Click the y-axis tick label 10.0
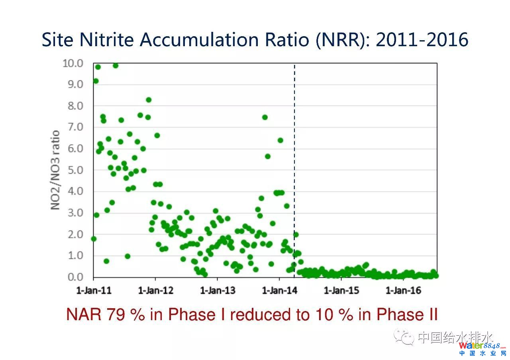(73, 63)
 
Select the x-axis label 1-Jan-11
(94, 290)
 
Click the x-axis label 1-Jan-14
(279, 290)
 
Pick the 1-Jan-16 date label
(403, 290)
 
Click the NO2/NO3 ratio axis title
(55, 170)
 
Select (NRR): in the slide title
(343, 40)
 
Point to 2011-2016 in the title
(422, 40)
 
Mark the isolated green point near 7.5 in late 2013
(265, 117)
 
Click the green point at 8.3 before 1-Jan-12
(148, 100)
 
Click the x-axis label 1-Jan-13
(218, 290)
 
